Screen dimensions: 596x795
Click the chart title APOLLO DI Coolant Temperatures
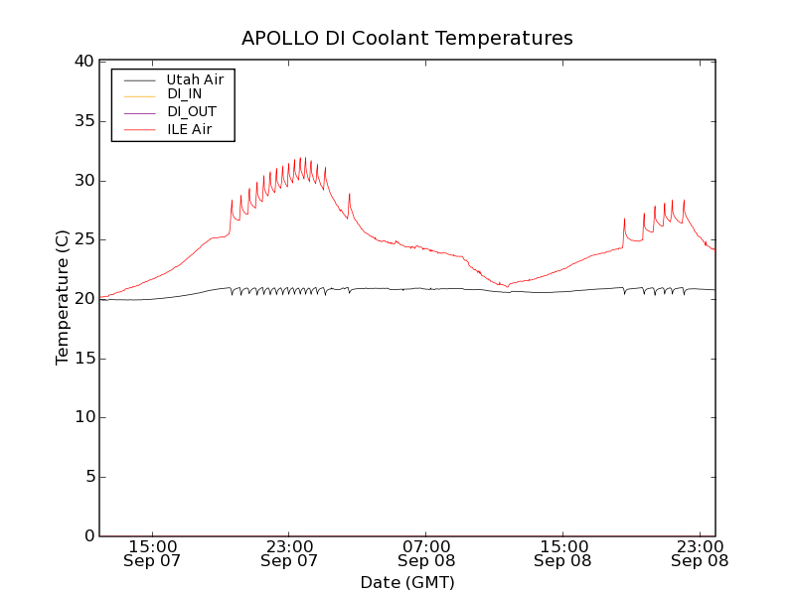[x=407, y=39]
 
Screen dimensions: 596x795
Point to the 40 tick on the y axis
[x=82, y=62]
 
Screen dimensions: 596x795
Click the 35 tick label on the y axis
[x=82, y=121]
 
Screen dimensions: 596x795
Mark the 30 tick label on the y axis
[x=82, y=181]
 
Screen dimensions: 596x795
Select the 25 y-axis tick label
[x=82, y=239]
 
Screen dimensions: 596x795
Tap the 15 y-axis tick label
[x=82, y=359]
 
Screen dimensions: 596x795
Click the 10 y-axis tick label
[x=82, y=418]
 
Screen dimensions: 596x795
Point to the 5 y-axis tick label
[x=87, y=477]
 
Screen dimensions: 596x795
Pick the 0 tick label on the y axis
[x=87, y=536]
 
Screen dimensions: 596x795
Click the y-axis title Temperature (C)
[x=63, y=298]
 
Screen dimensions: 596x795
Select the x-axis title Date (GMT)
[x=407, y=582]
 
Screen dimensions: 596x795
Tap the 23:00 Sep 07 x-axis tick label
[x=289, y=553]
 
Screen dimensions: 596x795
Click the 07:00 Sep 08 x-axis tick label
[x=426, y=553]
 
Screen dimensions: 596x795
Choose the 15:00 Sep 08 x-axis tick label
[x=563, y=553]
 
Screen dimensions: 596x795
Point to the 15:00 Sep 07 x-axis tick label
[x=153, y=553]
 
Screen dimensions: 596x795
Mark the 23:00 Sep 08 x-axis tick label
[x=700, y=553]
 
